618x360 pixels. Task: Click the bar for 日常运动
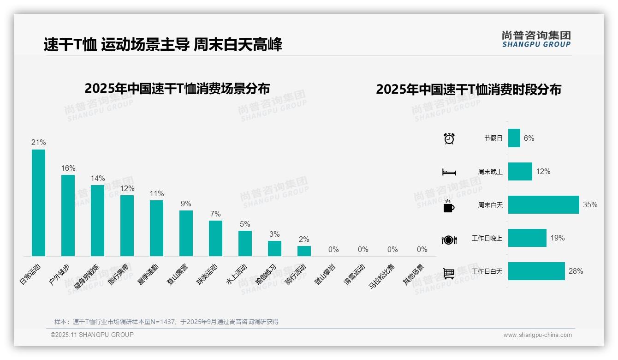pos(38,203)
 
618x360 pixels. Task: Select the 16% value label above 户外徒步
pos(68,168)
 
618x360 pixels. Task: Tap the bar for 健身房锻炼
pos(97,221)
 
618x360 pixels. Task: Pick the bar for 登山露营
pos(186,233)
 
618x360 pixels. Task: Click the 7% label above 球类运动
pos(215,214)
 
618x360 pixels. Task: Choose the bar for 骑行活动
pos(304,251)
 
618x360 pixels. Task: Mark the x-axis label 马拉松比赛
pos(382,276)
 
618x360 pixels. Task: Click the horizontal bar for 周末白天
pos(543,204)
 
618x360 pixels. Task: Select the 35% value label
pos(590,204)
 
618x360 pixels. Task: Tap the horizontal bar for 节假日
pos(514,138)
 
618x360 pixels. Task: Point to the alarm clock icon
pos(449,138)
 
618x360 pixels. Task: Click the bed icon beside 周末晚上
pos(449,172)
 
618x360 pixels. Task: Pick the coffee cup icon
pos(449,206)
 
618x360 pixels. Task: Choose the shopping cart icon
pos(449,273)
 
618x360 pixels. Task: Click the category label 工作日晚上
pos(487,238)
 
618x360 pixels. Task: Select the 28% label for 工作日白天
pos(576,271)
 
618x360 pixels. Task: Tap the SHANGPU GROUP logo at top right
pos(536,39)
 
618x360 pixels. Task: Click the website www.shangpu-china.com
pos(537,335)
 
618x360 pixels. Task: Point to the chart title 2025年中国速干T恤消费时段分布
pos(468,90)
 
